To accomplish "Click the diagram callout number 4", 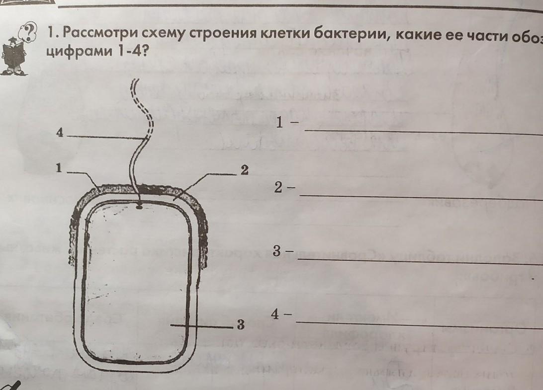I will (x=60, y=133).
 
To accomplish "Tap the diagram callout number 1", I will (x=59, y=169).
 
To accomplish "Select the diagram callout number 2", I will (x=244, y=170).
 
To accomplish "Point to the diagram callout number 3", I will (x=241, y=325).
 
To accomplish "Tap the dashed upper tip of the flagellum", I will (x=135, y=92).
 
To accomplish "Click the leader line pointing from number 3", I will (x=201, y=326).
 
